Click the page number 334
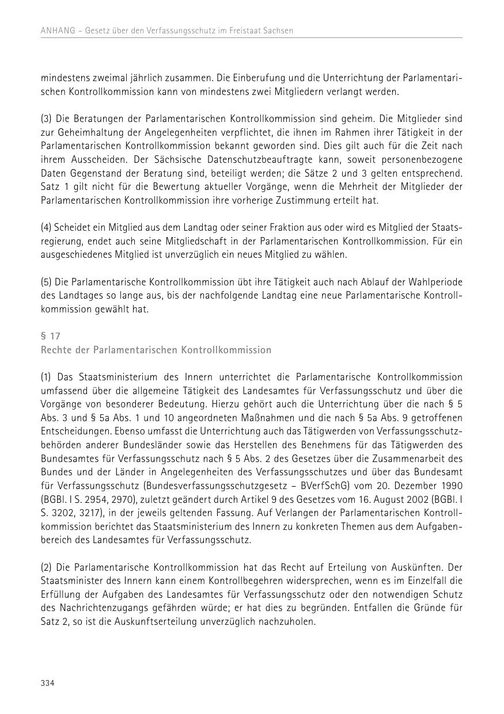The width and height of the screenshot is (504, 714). point(47,683)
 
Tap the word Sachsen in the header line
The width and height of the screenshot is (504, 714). point(278,30)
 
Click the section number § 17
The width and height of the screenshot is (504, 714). point(50,336)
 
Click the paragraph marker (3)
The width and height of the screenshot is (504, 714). point(46,119)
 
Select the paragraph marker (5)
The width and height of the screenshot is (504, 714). point(46,282)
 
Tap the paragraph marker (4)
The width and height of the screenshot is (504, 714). point(46,227)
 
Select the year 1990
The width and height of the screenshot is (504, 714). point(452,486)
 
